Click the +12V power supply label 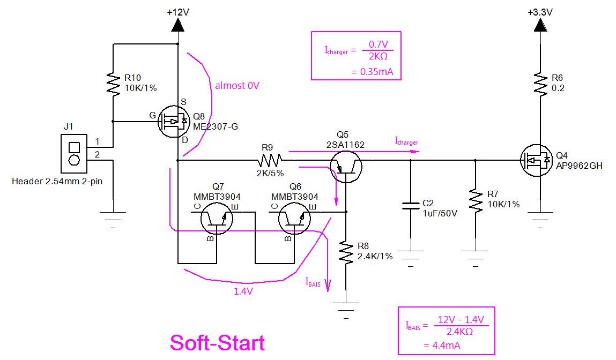pos(178,12)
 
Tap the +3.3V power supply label pos(540,12)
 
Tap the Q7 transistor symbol pos(217,220)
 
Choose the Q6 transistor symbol pos(294,220)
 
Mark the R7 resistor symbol pos(476,200)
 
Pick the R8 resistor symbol pos(346,252)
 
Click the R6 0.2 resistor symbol pos(540,84)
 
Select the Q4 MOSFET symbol pos(536,160)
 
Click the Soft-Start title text pos(217,342)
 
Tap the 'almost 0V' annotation pos(237,86)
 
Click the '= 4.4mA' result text pos(442,346)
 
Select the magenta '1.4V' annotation pos(244,291)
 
